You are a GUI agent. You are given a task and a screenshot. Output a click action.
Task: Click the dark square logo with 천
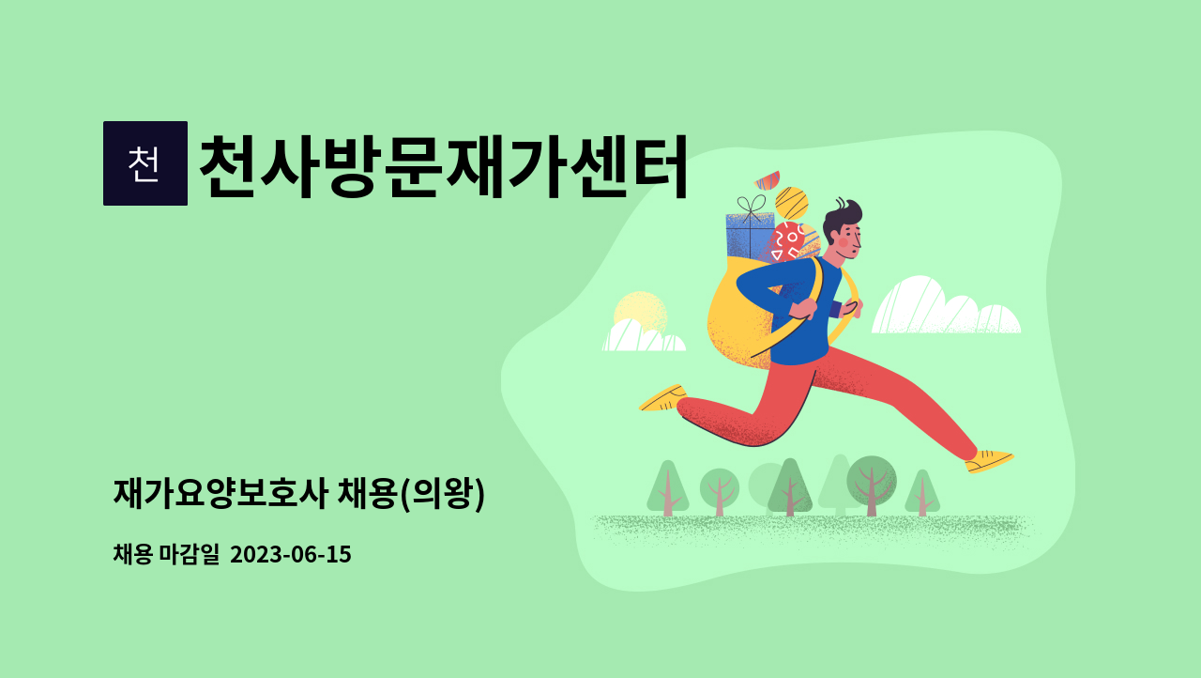pyautogui.click(x=145, y=163)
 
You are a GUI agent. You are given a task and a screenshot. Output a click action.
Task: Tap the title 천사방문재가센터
pyautogui.click(x=443, y=166)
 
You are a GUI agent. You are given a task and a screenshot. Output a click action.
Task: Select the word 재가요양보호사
pyautogui.click(x=221, y=493)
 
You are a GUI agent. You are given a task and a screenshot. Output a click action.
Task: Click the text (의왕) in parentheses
pyautogui.click(x=443, y=493)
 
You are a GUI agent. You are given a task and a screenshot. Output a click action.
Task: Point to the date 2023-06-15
pyautogui.click(x=290, y=554)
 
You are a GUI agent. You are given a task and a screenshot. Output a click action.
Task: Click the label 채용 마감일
pyautogui.click(x=165, y=554)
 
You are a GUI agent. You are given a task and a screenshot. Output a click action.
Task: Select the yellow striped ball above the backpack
pyautogui.click(x=792, y=203)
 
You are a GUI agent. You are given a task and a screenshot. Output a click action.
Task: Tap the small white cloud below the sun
pyautogui.click(x=643, y=338)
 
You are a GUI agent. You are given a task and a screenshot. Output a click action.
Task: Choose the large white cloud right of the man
pyautogui.click(x=943, y=308)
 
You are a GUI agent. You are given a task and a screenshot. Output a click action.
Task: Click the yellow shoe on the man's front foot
pyautogui.click(x=989, y=460)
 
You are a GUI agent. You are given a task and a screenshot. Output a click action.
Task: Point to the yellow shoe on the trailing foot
pyautogui.click(x=663, y=398)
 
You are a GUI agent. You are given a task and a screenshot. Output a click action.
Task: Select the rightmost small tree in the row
pyautogui.click(x=922, y=493)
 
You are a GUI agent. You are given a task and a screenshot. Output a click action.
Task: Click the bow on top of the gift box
pyautogui.click(x=751, y=206)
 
